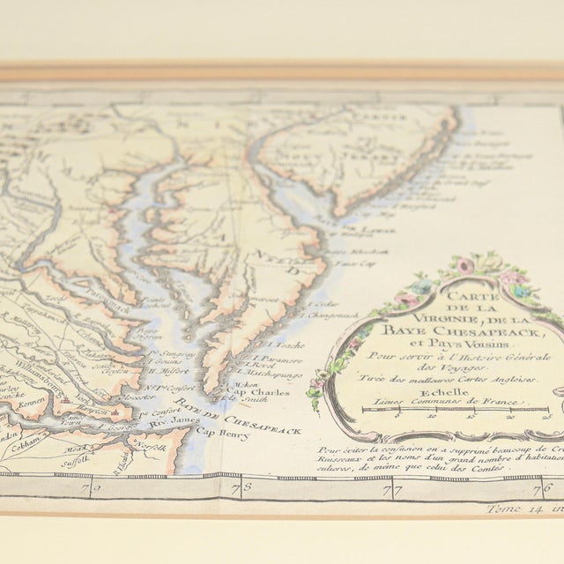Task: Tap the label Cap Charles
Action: pyautogui.click(x=255, y=393)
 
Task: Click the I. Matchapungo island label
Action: pyautogui.click(x=269, y=375)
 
